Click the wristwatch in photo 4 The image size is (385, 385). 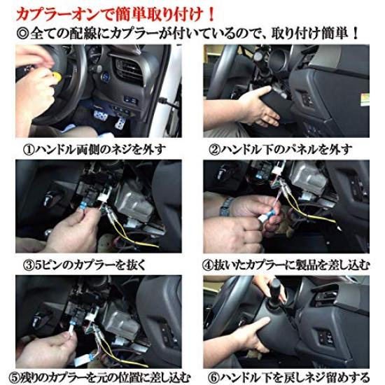pyautogui.click(x=226, y=206)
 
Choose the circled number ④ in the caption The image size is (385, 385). pyautogui.click(x=210, y=265)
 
